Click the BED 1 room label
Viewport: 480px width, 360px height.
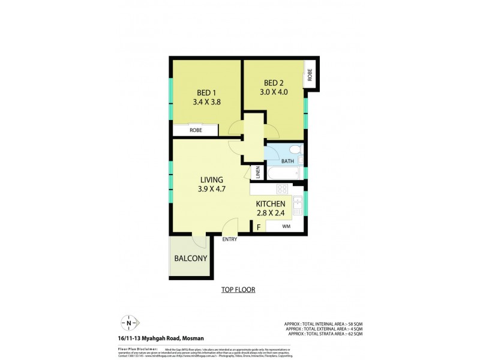coord(206,92)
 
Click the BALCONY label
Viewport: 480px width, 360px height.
coord(191,259)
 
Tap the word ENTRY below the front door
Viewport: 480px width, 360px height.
coord(229,239)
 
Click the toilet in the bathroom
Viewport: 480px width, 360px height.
coord(295,149)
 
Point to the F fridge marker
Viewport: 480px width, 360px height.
coord(259,227)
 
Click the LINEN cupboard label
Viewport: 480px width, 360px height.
coord(258,173)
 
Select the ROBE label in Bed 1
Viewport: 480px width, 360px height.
coord(195,130)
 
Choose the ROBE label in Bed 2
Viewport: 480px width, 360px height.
coord(310,75)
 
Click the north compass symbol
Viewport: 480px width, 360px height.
coord(129,323)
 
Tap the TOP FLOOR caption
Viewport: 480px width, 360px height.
coord(238,290)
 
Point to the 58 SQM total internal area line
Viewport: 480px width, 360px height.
coord(331,324)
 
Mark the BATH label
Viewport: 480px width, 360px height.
coord(289,161)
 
